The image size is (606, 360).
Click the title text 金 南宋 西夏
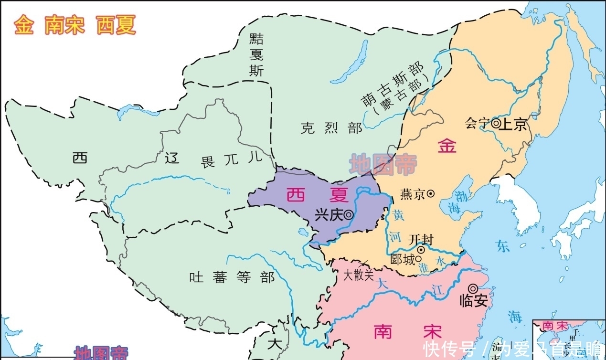click(75, 25)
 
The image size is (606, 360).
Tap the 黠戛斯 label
click(256, 55)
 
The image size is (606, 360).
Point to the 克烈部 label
click(331, 128)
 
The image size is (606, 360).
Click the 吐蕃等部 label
click(232, 277)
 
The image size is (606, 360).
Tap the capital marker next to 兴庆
click(349, 215)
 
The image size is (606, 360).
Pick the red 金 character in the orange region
click(447, 146)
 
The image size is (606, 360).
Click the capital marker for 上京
click(496, 124)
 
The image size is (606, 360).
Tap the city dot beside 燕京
click(430, 193)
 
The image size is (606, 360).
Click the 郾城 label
click(402, 260)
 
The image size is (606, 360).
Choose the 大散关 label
click(358, 275)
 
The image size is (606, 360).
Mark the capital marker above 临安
click(472, 288)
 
